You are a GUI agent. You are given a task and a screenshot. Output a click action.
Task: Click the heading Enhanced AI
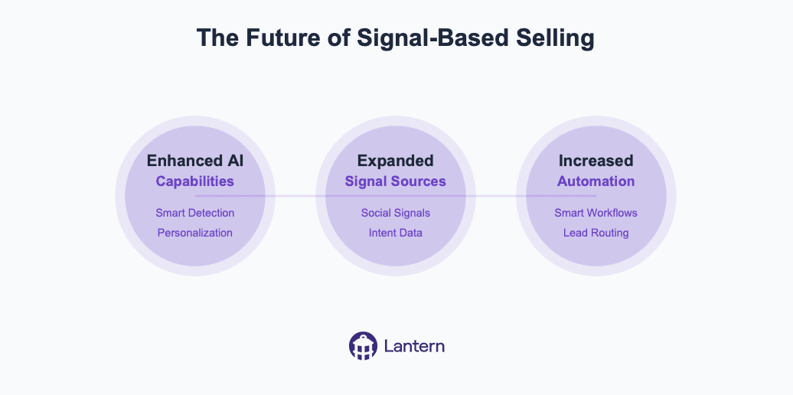tap(195, 161)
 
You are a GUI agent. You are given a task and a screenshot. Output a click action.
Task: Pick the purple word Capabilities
tap(195, 181)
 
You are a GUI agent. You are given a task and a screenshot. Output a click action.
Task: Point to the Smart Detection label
tap(195, 213)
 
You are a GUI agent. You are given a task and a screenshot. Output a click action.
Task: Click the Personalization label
tap(195, 233)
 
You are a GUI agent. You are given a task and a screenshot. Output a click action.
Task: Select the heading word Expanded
tap(395, 161)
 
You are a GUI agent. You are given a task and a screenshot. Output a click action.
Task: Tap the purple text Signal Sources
tap(395, 181)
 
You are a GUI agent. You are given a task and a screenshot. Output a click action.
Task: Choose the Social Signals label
tap(395, 213)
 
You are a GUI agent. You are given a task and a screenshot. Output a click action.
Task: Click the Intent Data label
tap(395, 233)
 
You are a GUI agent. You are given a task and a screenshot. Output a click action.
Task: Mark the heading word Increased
tap(596, 161)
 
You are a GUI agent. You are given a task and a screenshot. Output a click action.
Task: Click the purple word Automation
tap(596, 181)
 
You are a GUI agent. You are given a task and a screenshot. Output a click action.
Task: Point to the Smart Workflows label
tap(596, 213)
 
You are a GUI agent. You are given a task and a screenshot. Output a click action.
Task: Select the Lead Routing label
tap(596, 233)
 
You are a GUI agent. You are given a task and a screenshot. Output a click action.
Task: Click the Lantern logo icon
tap(363, 346)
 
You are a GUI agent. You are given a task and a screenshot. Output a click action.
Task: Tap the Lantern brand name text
tap(415, 346)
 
